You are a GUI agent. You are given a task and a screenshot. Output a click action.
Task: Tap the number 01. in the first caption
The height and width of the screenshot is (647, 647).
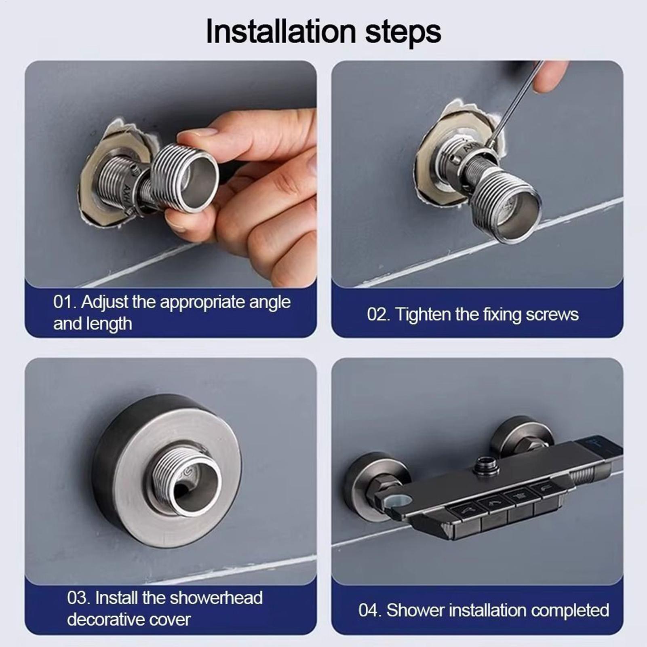pyautogui.click(x=64, y=302)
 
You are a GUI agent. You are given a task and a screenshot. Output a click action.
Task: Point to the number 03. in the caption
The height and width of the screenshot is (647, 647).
pyautogui.click(x=79, y=598)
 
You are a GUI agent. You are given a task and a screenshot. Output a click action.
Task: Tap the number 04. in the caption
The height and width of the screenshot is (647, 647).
pyautogui.click(x=370, y=610)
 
